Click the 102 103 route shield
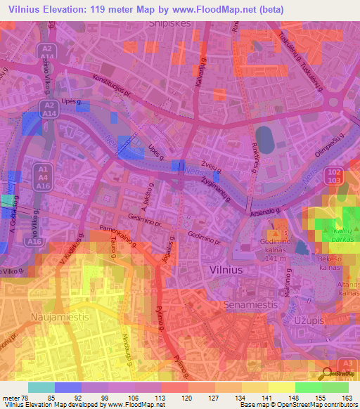pyautogui.click(x=333, y=176)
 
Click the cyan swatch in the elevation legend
pyautogui.click(x=41, y=387)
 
